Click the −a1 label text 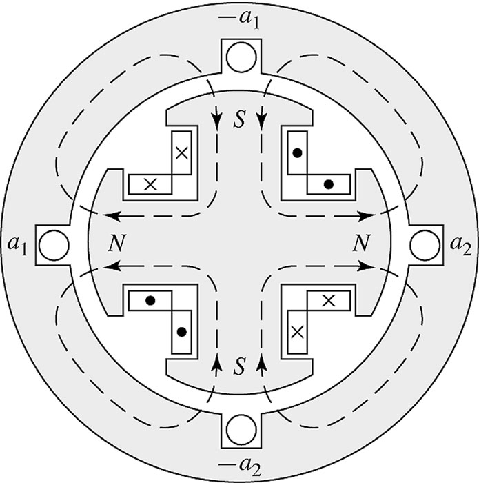pyautogui.click(x=240, y=16)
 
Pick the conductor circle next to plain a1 pyautogui.click(x=54, y=243)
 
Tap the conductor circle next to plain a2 pyautogui.click(x=425, y=243)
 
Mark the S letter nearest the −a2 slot pyautogui.click(x=239, y=361)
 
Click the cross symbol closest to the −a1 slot pyautogui.click(x=181, y=154)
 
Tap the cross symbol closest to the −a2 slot pyautogui.click(x=297, y=332)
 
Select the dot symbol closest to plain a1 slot pyautogui.click(x=150, y=300)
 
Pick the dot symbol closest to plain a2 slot pyautogui.click(x=329, y=184)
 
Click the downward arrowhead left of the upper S pyautogui.click(x=219, y=118)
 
